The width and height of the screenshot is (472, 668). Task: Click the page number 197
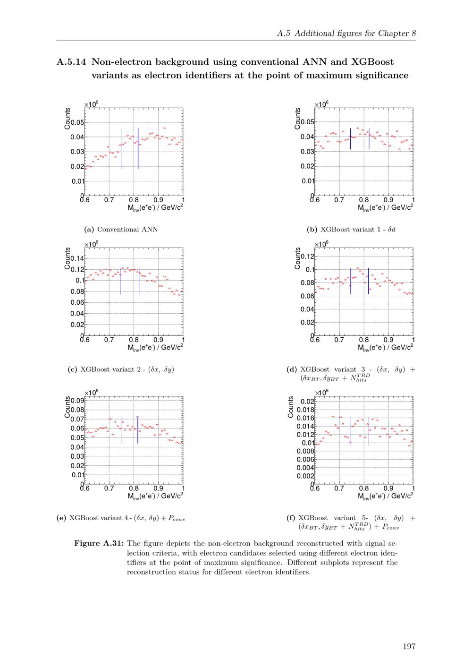[x=409, y=646]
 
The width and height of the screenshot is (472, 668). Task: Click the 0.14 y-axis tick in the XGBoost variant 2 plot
[x=77, y=258]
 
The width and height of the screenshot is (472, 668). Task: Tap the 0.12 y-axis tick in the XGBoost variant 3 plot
[x=307, y=257]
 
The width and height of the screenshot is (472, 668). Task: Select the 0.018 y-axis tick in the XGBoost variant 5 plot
[x=305, y=410]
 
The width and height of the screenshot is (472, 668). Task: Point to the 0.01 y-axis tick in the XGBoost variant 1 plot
[x=307, y=181]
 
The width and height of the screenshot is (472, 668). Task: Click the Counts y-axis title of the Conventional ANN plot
[x=68, y=119]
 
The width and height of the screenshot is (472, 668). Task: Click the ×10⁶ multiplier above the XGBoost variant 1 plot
[x=322, y=104]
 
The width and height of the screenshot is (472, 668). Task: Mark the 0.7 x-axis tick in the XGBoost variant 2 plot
[x=109, y=340]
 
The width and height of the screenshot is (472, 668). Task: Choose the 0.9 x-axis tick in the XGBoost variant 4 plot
[x=158, y=488]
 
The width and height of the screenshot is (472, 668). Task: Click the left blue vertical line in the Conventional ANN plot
[x=121, y=148]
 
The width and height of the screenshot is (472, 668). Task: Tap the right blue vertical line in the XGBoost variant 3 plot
[x=368, y=281]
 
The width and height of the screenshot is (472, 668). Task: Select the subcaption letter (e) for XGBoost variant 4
[x=61, y=518]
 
